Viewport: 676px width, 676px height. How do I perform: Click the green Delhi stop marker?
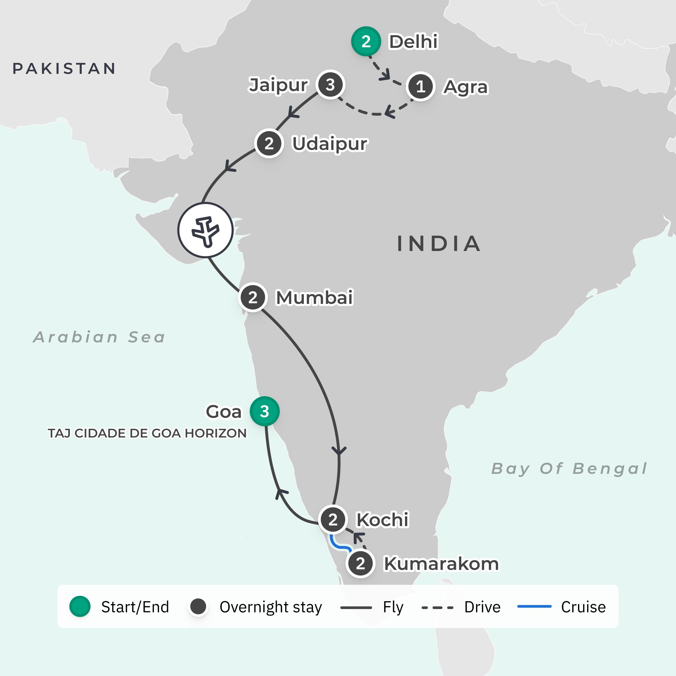(x=366, y=41)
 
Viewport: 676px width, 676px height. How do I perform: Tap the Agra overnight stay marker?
(x=420, y=86)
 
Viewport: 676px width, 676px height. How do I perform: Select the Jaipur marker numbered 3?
(x=330, y=85)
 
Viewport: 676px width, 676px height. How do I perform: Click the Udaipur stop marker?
(x=269, y=143)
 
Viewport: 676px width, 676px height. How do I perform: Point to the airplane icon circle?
(x=205, y=230)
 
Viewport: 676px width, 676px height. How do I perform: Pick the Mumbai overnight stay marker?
(x=253, y=297)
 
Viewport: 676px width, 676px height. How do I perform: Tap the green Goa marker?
(x=264, y=411)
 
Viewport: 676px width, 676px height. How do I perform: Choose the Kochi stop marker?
(x=333, y=520)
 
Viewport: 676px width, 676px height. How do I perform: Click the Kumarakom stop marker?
(x=361, y=564)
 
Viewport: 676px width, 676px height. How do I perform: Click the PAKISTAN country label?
(x=64, y=69)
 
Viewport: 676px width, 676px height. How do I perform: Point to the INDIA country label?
(x=439, y=244)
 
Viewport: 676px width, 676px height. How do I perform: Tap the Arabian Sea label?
(x=99, y=337)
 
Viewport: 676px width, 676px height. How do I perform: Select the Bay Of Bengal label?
(x=569, y=469)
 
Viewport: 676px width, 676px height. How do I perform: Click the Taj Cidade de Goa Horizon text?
(x=147, y=433)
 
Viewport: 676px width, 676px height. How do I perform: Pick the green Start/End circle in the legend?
(x=80, y=607)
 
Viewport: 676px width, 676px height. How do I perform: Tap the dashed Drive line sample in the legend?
(x=438, y=607)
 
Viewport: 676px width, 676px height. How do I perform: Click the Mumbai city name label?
(x=314, y=297)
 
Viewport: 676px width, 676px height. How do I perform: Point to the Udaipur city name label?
(x=330, y=143)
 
